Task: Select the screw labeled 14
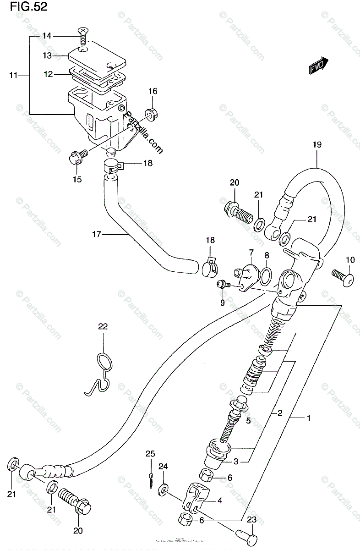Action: pyautogui.click(x=82, y=37)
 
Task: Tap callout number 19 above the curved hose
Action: pyautogui.click(x=317, y=145)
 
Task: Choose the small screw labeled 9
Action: pyautogui.click(x=222, y=285)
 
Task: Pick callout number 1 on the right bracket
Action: pyautogui.click(x=309, y=418)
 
